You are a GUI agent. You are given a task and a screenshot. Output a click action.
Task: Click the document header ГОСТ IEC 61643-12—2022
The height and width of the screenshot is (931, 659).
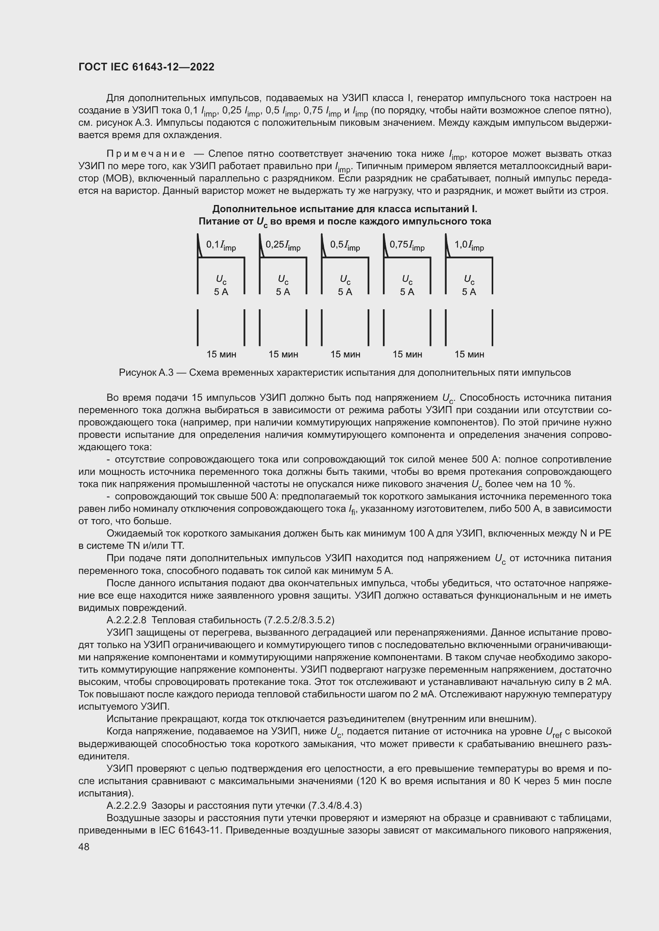tap(146, 67)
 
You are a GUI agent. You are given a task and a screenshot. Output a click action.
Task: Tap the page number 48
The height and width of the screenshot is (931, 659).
tap(84, 846)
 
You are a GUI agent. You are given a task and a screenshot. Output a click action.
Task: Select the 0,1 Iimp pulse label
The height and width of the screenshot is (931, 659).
tap(221, 245)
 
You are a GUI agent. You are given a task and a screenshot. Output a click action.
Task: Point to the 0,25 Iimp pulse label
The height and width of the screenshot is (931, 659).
tap(283, 245)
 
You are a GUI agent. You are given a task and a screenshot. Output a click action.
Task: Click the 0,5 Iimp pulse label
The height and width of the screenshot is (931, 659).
tap(345, 245)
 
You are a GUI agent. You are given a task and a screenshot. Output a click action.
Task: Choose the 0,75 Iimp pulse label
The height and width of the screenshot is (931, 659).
tap(407, 245)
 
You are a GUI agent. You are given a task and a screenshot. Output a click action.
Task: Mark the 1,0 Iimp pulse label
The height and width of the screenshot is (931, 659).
tap(469, 245)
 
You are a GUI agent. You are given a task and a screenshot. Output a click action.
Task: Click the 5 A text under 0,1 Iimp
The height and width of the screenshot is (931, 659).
tap(221, 292)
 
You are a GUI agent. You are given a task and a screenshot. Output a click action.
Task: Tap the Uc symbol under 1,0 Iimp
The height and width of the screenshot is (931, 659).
tap(469, 280)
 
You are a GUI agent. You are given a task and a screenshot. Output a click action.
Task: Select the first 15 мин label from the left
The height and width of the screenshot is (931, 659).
tap(221, 354)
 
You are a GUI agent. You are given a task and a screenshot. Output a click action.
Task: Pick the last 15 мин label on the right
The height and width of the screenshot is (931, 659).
tap(469, 354)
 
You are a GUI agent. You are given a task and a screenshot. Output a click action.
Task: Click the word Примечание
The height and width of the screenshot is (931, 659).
tap(146, 154)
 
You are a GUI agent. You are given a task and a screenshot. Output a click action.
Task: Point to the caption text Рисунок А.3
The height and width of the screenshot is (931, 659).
tap(146, 373)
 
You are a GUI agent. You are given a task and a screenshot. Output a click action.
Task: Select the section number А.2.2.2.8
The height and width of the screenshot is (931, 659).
tap(126, 620)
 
